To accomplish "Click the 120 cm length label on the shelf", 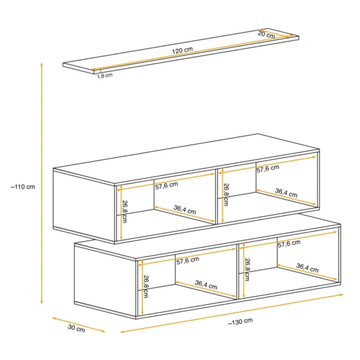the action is [182, 50].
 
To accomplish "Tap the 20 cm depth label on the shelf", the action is [266, 34].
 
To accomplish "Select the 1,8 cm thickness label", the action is [105, 76].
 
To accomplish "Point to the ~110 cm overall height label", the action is [23, 187].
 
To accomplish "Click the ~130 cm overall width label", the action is [241, 322].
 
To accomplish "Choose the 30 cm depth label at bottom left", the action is [76, 329].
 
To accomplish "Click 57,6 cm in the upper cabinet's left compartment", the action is [166, 185].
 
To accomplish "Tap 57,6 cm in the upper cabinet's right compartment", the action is [268, 169].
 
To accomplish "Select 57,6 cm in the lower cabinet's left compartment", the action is [188, 260].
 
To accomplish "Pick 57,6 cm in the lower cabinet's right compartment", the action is [289, 244].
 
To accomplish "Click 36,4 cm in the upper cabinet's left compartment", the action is [185, 210].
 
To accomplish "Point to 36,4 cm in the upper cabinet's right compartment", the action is [286, 193].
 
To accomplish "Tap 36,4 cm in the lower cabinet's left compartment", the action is [206, 284].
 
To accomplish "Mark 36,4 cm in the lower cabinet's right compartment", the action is [307, 268].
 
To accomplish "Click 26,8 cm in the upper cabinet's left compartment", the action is [124, 211].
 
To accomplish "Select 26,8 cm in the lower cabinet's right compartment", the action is [247, 269].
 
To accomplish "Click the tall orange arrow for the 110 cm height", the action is [41, 183].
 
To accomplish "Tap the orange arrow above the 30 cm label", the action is [79, 325].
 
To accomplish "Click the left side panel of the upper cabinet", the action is [84, 205].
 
